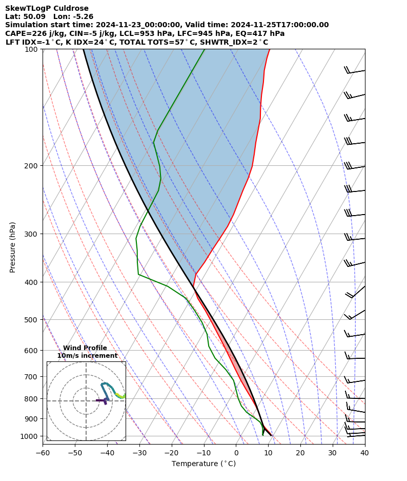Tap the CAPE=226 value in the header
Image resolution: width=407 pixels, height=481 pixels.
tap(23, 33)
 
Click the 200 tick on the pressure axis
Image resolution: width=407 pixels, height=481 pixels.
tap(32, 166)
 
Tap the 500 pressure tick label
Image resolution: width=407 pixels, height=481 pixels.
tap(32, 320)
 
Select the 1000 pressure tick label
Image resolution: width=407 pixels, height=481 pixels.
tap(30, 436)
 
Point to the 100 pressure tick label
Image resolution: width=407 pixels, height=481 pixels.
tap(32, 49)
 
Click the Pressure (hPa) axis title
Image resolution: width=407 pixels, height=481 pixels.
tap(13, 247)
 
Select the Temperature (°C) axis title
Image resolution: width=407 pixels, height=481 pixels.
tap(203, 464)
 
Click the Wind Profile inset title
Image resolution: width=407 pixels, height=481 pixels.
tap(85, 348)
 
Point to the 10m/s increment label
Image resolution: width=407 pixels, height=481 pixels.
tap(87, 356)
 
